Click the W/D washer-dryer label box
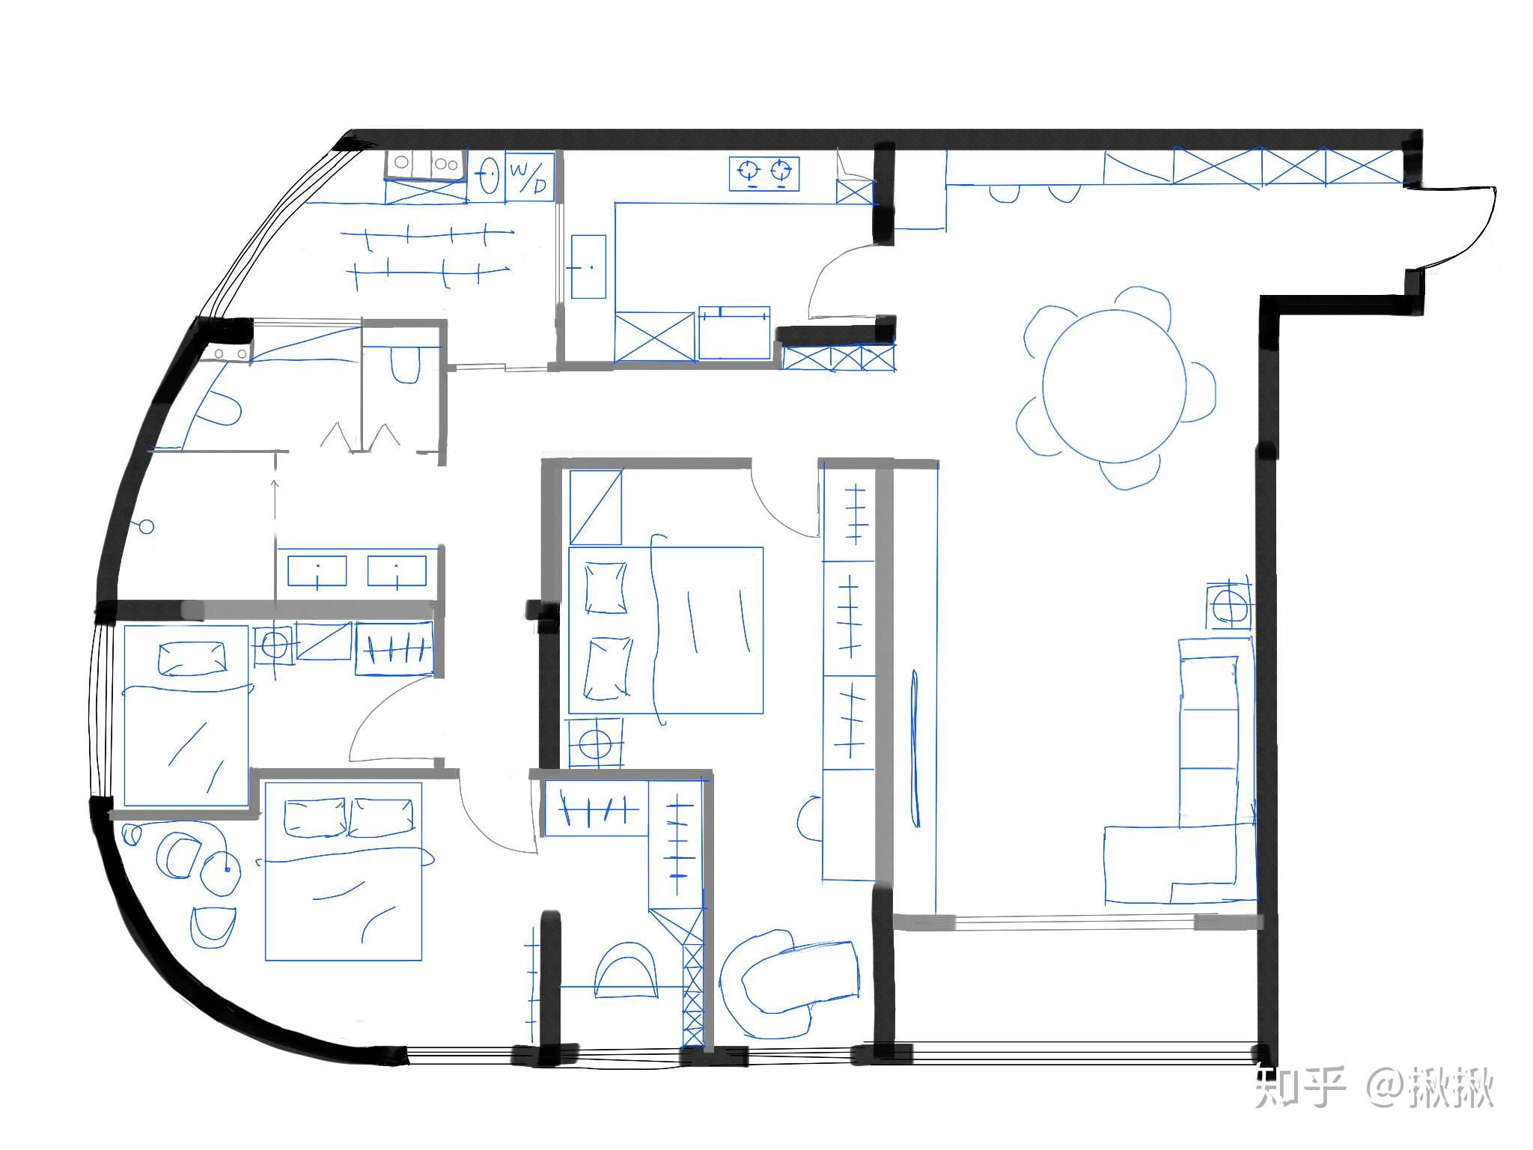[530, 176]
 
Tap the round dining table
[1115, 386]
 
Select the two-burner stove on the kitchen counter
[764, 173]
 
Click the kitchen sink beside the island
[588, 267]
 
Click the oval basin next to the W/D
[488, 176]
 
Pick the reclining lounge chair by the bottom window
[786, 981]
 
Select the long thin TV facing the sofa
[914, 749]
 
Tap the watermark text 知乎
[1300, 1086]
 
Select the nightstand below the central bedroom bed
[596, 743]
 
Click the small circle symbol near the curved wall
[146, 527]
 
